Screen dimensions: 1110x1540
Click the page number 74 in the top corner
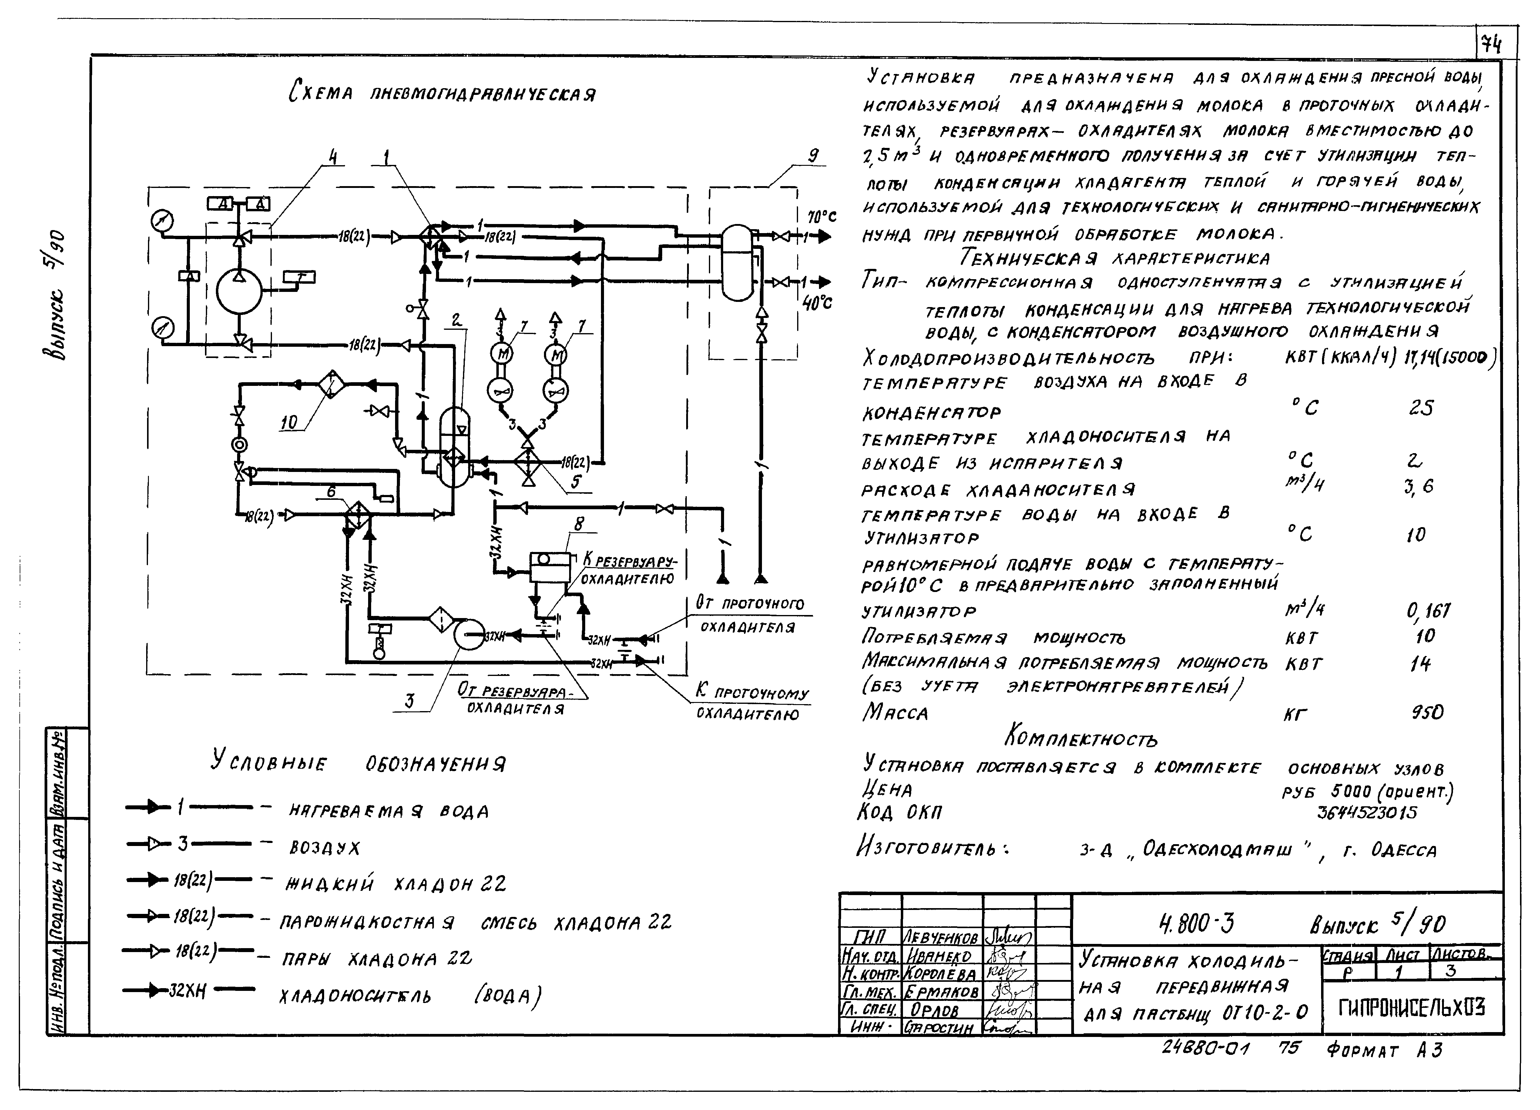1491,45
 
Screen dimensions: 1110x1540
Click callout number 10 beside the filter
289,422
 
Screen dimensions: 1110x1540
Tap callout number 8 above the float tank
579,523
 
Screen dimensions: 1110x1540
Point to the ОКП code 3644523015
1366,812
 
